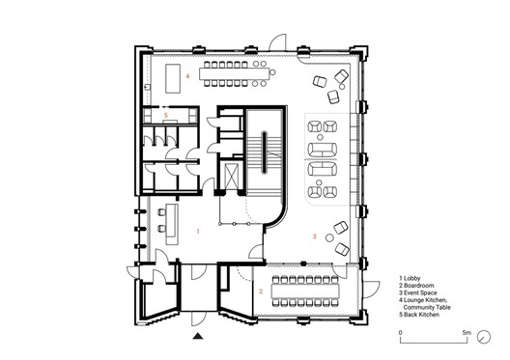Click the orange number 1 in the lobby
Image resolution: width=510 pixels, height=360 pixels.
click(198, 232)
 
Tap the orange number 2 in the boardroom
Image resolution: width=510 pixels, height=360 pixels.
click(261, 291)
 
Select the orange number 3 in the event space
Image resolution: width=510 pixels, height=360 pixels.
click(315, 236)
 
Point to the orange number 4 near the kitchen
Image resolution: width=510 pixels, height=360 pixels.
click(187, 76)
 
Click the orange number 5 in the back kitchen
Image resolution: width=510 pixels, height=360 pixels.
click(166, 116)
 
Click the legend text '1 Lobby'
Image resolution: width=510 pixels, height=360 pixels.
click(410, 278)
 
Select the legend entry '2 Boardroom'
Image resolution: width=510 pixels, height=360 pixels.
click(416, 286)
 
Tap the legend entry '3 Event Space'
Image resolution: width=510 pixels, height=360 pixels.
click(418, 292)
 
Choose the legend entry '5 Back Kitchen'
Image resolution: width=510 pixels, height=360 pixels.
click(419, 315)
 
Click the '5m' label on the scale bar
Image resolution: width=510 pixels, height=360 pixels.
click(467, 333)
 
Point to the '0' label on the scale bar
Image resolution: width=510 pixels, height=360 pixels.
click(401, 333)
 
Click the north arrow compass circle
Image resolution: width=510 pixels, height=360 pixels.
click(484, 337)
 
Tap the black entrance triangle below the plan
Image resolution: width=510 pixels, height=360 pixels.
click(198, 336)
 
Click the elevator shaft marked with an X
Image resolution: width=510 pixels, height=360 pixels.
click(232, 176)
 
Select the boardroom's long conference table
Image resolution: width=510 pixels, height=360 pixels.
click(305, 291)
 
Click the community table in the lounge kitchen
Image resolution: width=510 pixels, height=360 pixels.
click(235, 74)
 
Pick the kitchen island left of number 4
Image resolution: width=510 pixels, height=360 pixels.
click(173, 78)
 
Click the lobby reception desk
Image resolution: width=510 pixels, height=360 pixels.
click(171, 224)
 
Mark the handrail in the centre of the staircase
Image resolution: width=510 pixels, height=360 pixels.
click(264, 152)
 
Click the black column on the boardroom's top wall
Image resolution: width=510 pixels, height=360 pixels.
click(303, 263)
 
